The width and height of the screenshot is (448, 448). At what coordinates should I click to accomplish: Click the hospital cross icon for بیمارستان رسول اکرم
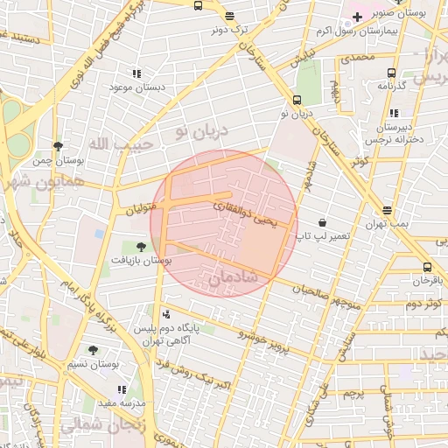(x=357, y=17)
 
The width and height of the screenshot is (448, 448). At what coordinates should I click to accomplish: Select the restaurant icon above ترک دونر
(x=229, y=16)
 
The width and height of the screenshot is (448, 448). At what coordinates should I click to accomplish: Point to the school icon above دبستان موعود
(x=136, y=74)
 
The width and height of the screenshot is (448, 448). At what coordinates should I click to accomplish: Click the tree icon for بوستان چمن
(x=58, y=146)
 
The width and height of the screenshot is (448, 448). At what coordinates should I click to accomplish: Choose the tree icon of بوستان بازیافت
(x=141, y=247)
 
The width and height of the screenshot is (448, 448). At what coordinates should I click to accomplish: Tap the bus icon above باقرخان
(x=427, y=267)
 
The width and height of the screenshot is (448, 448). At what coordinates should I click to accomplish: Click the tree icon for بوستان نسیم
(x=93, y=350)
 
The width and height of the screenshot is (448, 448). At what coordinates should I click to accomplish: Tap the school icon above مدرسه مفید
(x=122, y=389)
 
